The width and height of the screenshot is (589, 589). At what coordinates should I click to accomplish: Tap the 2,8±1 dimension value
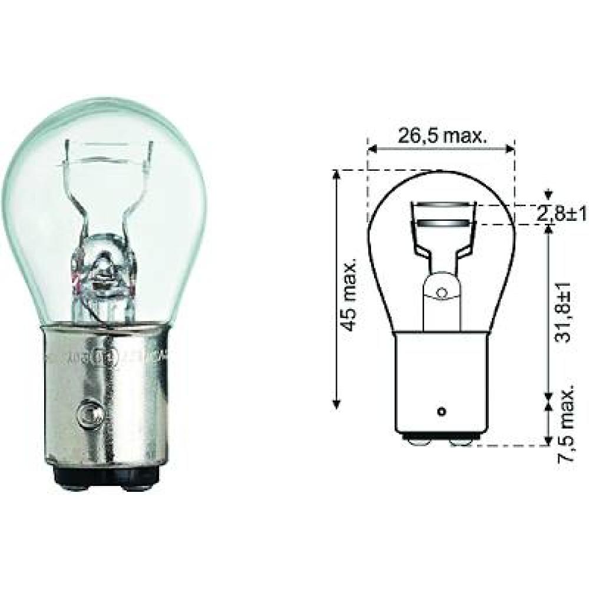tap(561, 214)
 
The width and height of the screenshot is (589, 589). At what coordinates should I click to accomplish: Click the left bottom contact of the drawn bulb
tap(418, 441)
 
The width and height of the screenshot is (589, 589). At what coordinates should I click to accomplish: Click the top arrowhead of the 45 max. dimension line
tap(337, 174)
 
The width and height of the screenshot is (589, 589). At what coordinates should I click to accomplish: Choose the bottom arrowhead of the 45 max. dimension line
tap(337, 404)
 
